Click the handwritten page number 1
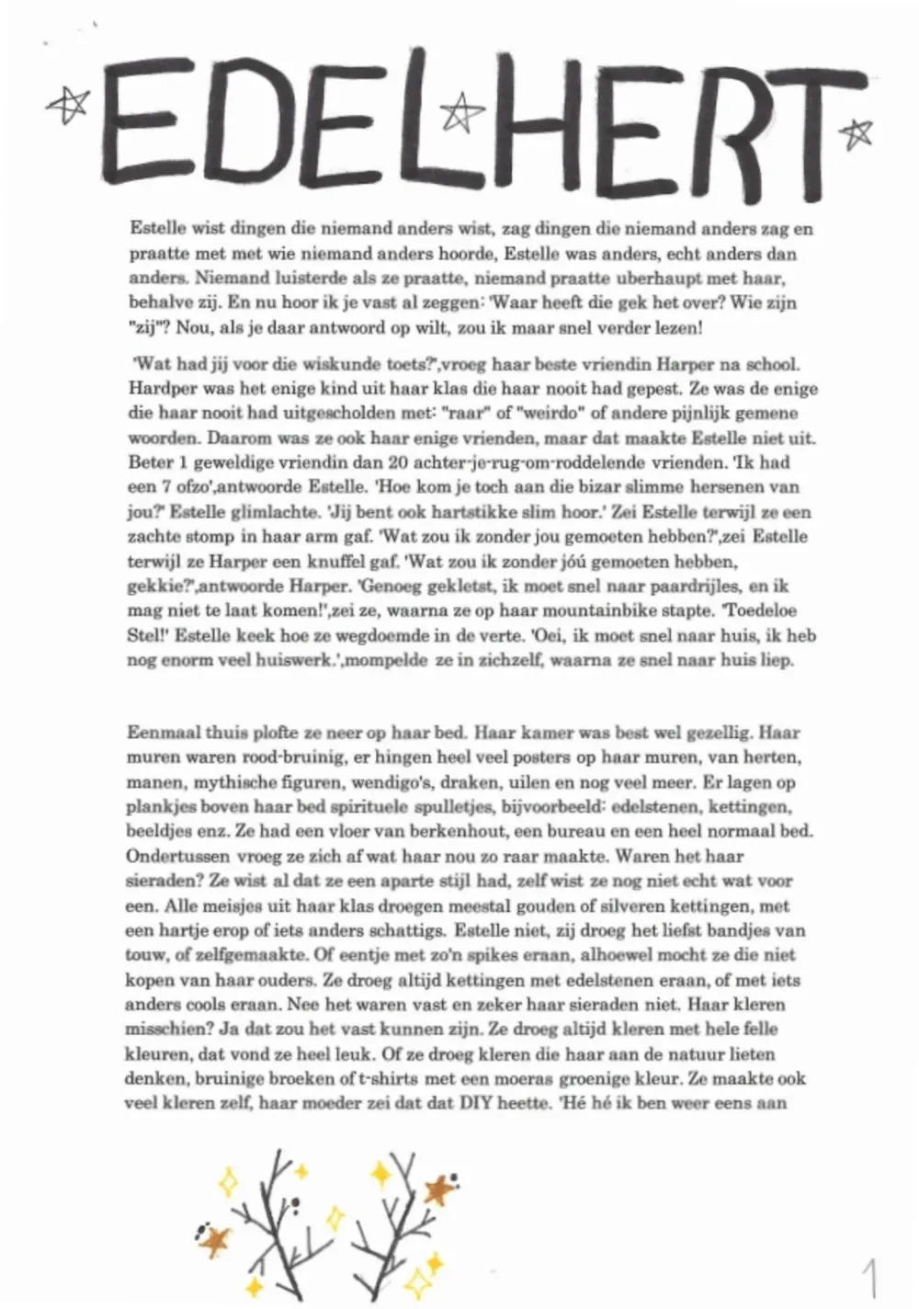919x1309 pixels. tap(868, 1277)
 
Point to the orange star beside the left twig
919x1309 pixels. tap(215, 1239)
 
